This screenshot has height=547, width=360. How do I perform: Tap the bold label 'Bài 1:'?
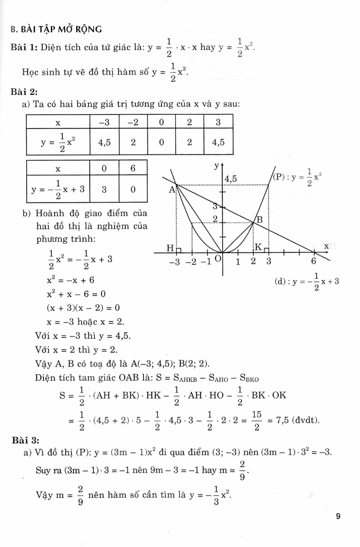click(x=25, y=47)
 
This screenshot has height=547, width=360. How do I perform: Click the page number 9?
click(x=338, y=516)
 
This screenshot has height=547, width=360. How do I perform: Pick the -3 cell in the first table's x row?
click(x=104, y=122)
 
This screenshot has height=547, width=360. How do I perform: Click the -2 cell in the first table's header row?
click(x=133, y=122)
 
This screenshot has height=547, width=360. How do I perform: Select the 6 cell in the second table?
click(x=133, y=168)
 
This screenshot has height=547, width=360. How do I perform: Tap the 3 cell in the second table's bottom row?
click(x=104, y=189)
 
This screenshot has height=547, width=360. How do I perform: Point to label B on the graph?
click(x=259, y=220)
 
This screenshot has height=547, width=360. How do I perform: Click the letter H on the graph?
click(x=170, y=248)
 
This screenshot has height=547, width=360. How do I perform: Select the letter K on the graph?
click(x=258, y=247)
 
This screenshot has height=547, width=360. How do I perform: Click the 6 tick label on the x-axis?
click(x=313, y=261)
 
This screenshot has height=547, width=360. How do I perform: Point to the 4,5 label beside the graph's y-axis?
click(x=230, y=179)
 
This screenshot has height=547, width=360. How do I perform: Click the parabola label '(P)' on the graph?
click(x=279, y=177)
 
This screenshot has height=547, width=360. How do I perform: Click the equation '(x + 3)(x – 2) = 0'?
click(x=83, y=308)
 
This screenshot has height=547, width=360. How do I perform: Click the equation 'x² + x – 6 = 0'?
click(x=76, y=294)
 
